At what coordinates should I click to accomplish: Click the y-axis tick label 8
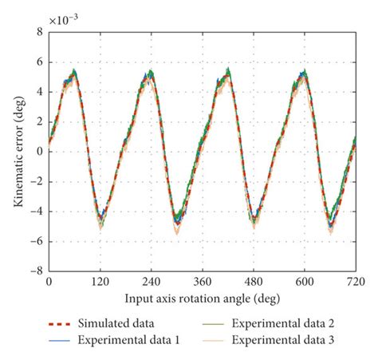(x=38, y=32)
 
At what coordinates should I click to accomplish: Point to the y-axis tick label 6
(x=38, y=62)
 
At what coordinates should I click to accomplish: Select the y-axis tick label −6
(x=35, y=241)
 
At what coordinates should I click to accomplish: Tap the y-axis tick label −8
(x=35, y=271)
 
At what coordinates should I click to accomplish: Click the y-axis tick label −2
(x=35, y=181)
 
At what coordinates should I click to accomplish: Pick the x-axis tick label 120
(x=100, y=283)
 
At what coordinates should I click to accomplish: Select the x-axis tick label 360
(x=202, y=283)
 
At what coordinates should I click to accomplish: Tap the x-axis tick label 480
(x=254, y=283)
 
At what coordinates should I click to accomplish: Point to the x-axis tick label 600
(x=305, y=283)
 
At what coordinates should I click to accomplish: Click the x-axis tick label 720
(x=354, y=283)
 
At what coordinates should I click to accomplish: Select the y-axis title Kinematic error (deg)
(x=18, y=152)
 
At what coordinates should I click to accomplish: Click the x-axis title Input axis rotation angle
(x=202, y=298)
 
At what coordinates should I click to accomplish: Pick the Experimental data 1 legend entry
(x=127, y=339)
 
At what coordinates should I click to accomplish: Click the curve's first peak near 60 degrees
(x=74, y=73)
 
